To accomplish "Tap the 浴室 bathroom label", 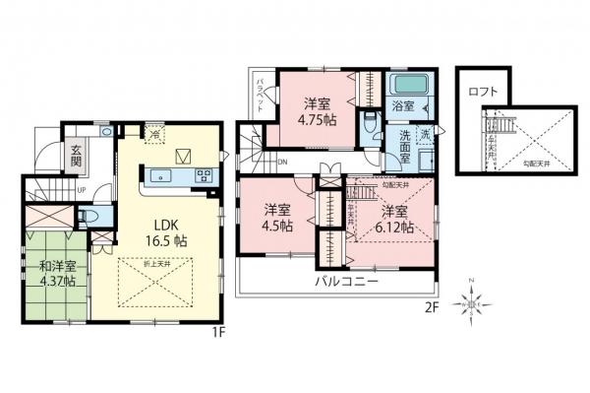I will click(403, 105).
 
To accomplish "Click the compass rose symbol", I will click(474, 305).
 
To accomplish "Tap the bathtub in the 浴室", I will click(404, 84).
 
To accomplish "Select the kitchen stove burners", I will click(206, 176).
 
